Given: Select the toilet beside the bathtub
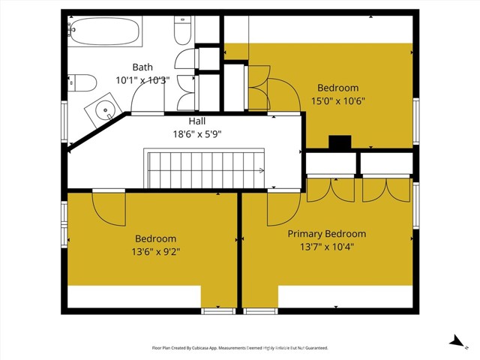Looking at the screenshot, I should click(182, 31).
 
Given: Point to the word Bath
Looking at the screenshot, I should click(142, 67).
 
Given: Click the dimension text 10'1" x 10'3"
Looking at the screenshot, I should click(142, 79).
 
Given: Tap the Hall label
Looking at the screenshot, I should click(197, 121).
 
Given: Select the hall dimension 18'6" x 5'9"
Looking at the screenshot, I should click(197, 134).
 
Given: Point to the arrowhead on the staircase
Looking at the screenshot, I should click(262, 170).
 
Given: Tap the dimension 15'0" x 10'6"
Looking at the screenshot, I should click(337, 100).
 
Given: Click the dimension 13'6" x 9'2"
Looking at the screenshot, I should click(151, 252).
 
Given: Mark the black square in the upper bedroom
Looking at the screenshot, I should click(340, 142).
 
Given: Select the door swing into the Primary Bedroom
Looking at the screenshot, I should click(282, 207).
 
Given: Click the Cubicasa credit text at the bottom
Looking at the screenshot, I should click(239, 348).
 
